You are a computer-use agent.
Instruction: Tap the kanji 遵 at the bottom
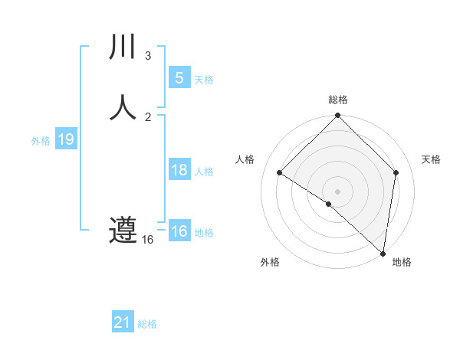123,230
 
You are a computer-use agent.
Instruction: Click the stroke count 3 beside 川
148,56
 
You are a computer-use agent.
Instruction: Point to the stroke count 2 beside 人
148,116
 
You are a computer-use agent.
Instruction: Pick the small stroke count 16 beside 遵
148,240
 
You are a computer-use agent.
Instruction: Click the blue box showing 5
179,78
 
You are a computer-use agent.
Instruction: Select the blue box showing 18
179,170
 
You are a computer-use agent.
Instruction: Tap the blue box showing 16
179,231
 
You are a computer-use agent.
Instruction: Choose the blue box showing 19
65,139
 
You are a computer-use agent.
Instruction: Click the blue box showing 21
123,323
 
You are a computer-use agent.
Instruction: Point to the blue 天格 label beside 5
204,80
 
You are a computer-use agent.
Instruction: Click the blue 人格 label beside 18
204,172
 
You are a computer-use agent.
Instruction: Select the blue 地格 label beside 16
204,233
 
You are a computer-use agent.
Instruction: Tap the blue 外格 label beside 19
41,141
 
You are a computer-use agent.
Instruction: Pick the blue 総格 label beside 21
147,325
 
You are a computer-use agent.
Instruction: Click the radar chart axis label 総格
338,100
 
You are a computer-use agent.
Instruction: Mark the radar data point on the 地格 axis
383,254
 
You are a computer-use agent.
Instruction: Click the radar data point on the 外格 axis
328,205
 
